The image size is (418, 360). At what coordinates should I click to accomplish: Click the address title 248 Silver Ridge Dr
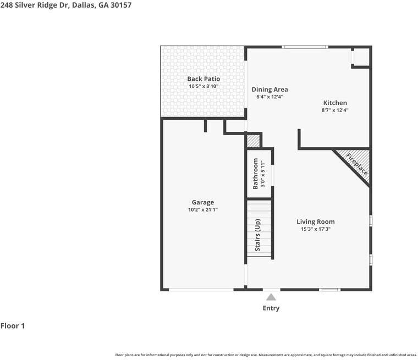(65, 5)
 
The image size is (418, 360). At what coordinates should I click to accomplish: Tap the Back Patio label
(204, 79)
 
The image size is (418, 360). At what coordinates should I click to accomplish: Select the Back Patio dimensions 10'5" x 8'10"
(204, 86)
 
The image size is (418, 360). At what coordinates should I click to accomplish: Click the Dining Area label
(269, 90)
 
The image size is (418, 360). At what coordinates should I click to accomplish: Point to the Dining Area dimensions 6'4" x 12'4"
(269, 97)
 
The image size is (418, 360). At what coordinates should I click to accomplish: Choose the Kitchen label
(335, 103)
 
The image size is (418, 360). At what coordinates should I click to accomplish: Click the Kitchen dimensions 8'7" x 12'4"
(335, 110)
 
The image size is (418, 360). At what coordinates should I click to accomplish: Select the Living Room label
(316, 222)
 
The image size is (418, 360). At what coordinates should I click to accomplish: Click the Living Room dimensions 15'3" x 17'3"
(316, 229)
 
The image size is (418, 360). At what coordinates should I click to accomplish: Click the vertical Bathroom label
(256, 174)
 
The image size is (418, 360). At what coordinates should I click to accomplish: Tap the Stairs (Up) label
(257, 235)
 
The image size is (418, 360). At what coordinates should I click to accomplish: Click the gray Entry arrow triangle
(271, 297)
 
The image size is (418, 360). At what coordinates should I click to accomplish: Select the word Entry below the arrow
(271, 308)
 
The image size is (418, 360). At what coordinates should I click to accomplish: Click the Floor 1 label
(13, 326)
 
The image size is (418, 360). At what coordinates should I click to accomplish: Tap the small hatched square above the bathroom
(252, 141)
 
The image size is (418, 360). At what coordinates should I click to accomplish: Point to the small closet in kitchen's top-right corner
(361, 57)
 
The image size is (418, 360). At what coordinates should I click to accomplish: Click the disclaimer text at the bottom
(266, 355)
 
